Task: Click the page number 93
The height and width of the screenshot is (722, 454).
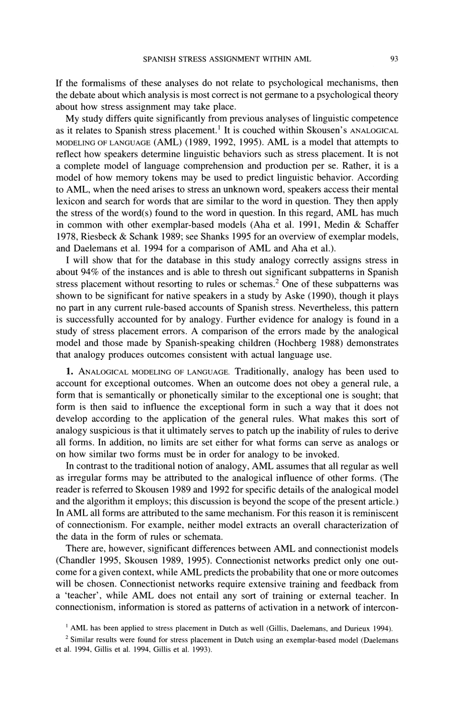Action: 394,59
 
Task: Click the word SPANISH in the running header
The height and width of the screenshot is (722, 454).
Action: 158,59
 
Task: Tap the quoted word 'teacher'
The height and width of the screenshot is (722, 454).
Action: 79,596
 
